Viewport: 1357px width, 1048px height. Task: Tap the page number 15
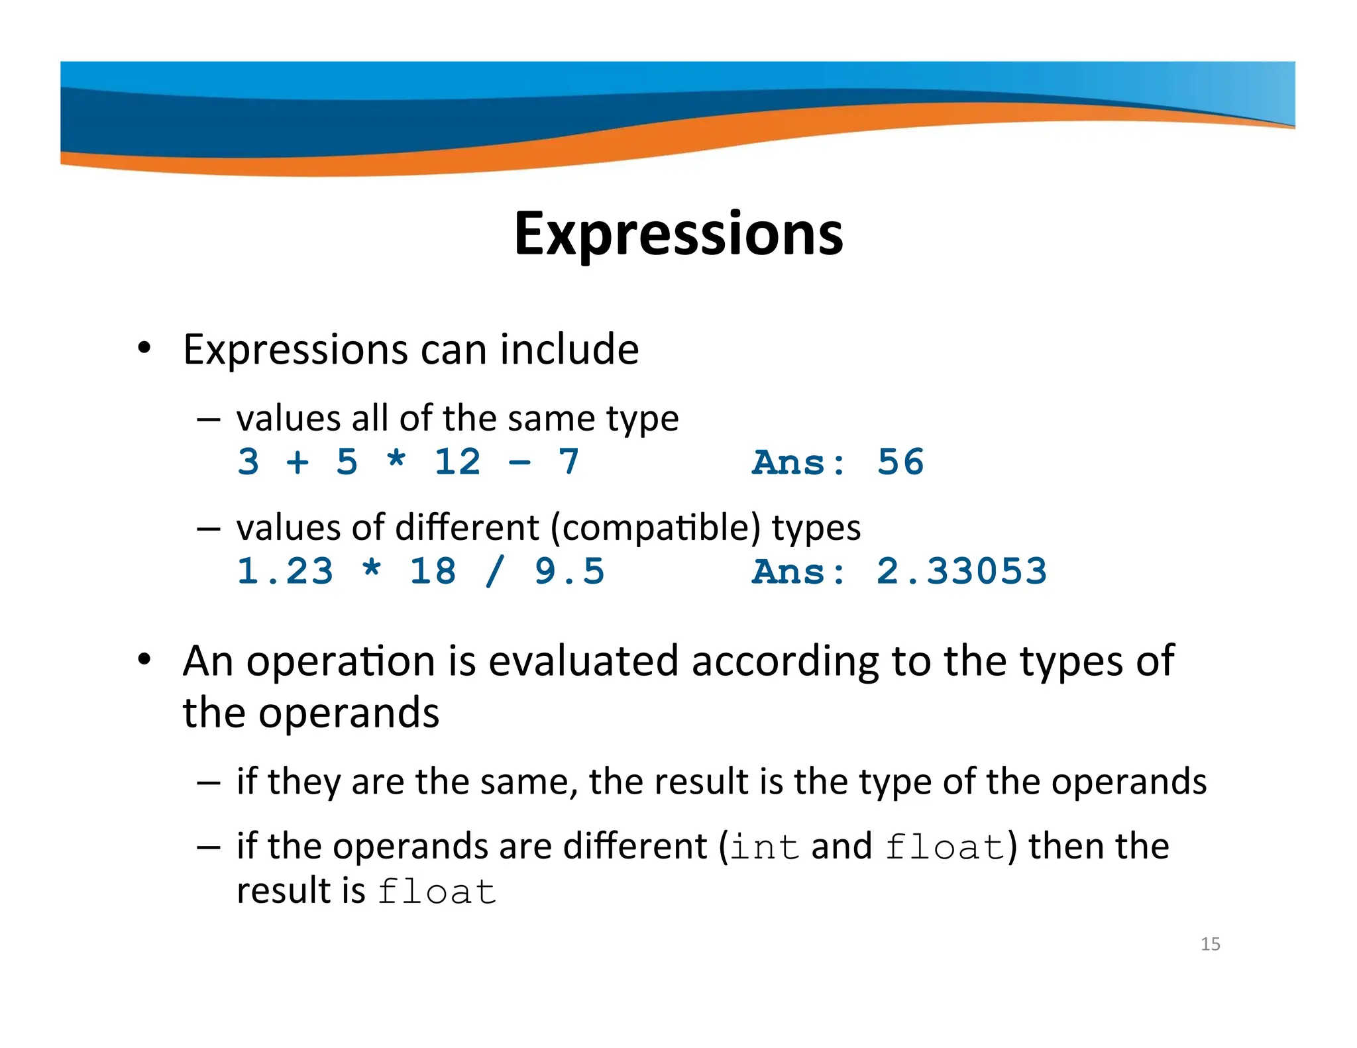point(1210,944)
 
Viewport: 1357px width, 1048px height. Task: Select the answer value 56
point(900,462)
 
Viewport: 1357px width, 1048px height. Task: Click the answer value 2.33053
point(961,571)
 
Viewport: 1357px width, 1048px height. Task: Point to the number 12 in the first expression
point(457,462)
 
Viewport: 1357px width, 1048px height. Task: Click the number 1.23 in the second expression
point(285,571)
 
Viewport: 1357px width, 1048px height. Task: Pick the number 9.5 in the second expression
point(570,571)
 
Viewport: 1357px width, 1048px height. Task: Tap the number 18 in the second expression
point(433,571)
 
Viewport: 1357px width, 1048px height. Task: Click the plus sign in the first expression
point(298,462)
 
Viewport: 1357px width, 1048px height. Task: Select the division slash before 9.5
point(495,571)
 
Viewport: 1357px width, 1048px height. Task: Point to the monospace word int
point(765,848)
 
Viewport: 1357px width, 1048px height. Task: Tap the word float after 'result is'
point(437,892)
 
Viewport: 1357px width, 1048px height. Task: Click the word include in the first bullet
point(569,349)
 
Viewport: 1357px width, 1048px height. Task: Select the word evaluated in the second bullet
point(584,661)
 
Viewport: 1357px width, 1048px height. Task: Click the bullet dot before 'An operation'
point(144,660)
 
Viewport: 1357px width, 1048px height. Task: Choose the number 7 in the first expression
point(569,462)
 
